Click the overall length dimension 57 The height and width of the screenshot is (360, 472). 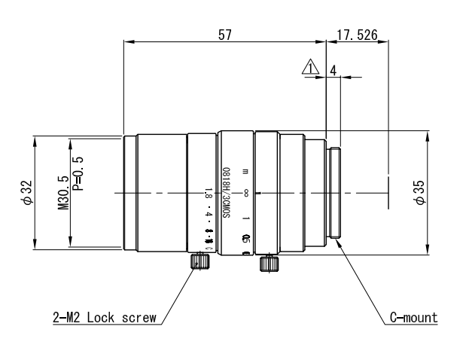[x=224, y=35]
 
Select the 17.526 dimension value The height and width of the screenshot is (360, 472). [x=358, y=35]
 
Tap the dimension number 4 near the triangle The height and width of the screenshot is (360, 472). [x=333, y=69]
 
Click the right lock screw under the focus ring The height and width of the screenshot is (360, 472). [x=266, y=264]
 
